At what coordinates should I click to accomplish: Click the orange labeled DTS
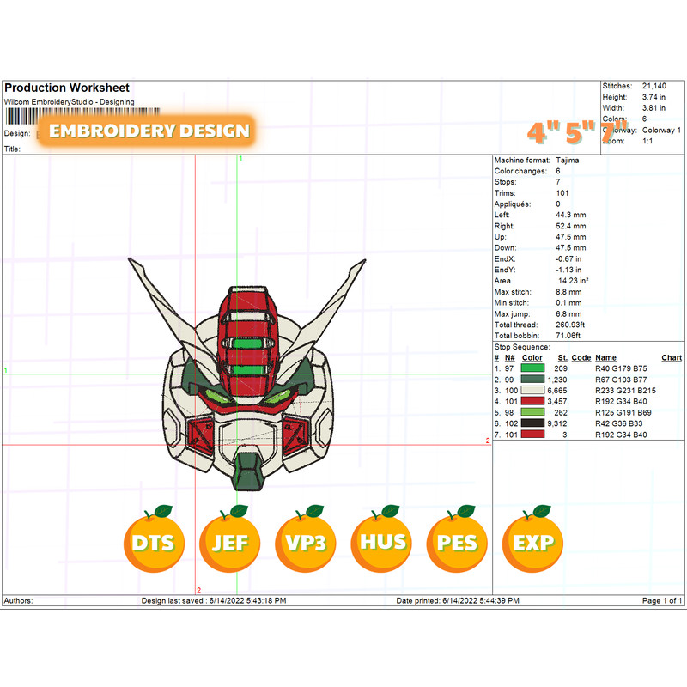coord(154,543)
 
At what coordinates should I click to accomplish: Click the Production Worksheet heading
coord(67,88)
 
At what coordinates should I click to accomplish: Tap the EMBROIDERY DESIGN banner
coord(149,131)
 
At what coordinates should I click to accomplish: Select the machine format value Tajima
coord(568,161)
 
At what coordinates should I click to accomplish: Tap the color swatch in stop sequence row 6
coord(532,423)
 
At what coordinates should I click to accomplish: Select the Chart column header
coord(672,358)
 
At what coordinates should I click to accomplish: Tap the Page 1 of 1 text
coord(662,600)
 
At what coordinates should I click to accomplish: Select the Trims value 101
coord(563,193)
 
